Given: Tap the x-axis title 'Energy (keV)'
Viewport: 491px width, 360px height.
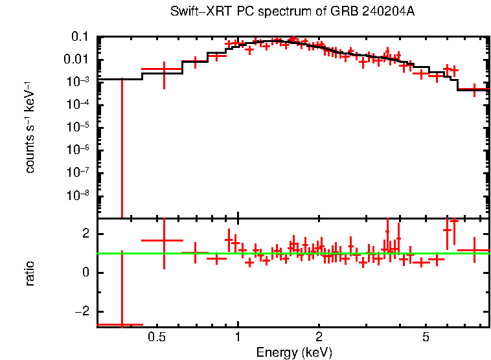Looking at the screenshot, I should point(294,352).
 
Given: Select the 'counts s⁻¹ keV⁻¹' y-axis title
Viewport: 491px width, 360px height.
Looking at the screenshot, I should point(30,127).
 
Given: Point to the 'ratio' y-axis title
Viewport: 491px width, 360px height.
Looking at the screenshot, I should point(30,273).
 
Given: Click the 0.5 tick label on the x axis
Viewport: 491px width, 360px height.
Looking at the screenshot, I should point(155,337).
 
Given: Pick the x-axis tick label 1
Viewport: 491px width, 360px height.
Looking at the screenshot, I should point(238,337).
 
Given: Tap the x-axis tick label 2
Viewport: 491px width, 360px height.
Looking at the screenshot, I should point(319,337).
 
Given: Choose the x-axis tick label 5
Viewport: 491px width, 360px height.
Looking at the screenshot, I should point(426,337).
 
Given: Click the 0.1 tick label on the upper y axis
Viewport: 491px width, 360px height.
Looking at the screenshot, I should point(80,37).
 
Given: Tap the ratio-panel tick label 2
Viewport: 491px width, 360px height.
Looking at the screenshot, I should point(84,234).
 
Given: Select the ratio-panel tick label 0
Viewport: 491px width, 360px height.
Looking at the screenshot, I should point(84,273).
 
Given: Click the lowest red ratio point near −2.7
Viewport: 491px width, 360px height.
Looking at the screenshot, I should point(121,324).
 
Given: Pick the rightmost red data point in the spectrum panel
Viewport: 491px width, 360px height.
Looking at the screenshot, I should point(474,89).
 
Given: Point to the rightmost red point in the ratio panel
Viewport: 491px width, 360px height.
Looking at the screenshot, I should point(474,250).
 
